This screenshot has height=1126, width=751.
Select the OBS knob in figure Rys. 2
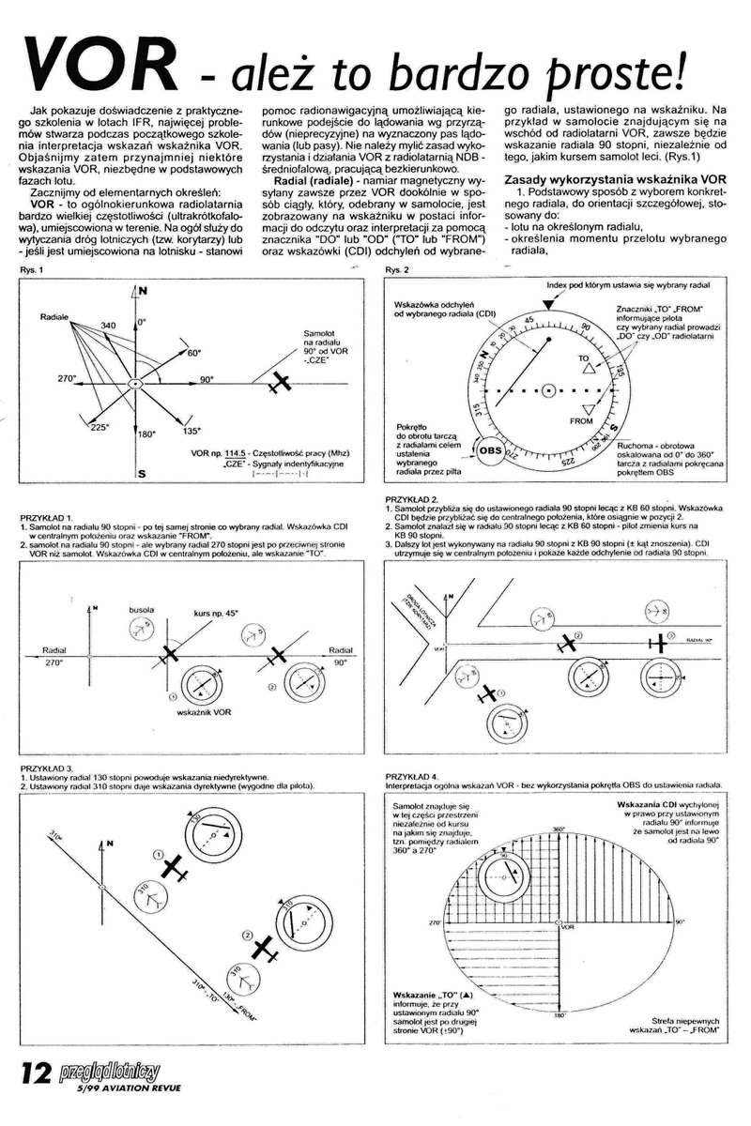(491, 449)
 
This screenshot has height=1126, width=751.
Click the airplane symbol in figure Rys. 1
(278, 383)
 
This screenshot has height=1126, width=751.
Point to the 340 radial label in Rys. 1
(109, 325)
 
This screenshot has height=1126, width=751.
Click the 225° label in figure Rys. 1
(98, 426)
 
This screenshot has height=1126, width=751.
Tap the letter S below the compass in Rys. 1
(141, 475)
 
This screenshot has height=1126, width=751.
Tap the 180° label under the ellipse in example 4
(560, 1015)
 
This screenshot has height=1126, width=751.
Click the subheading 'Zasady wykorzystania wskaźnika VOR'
(614, 178)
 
